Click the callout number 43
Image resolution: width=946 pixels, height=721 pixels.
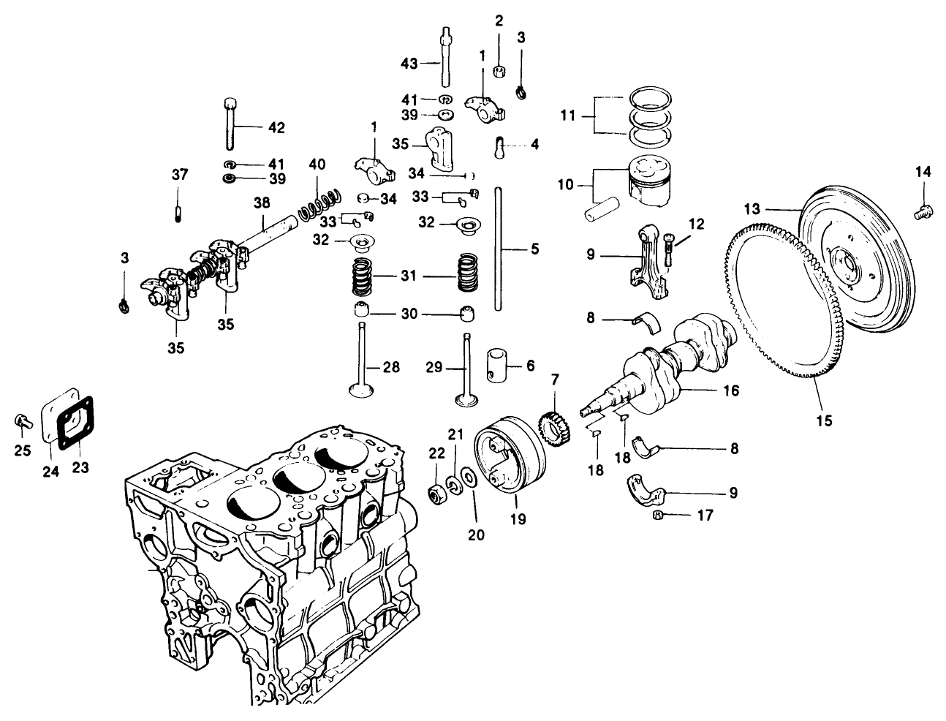[410, 64]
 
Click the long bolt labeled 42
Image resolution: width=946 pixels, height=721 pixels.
[232, 124]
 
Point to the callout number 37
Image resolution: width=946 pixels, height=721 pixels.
[180, 175]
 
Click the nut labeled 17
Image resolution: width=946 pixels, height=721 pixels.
[657, 516]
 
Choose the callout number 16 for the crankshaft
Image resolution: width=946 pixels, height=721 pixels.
[730, 391]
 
